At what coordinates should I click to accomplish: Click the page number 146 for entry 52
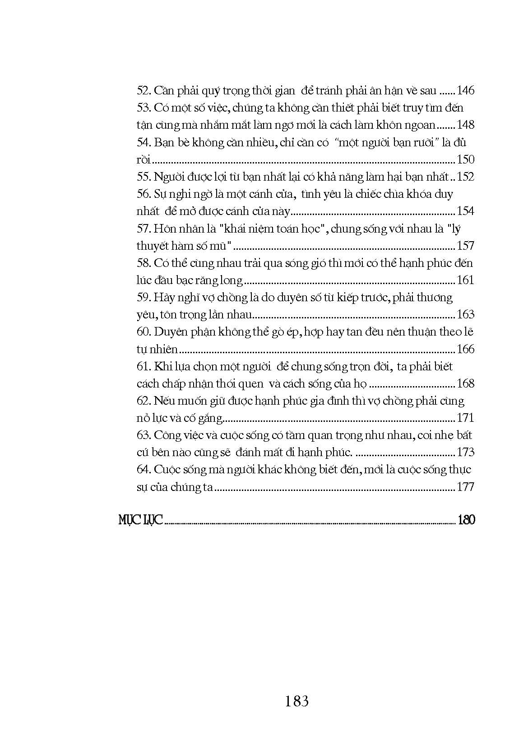[465, 91]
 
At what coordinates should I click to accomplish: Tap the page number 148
[465, 125]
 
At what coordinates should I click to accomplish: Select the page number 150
[465, 159]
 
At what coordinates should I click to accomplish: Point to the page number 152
[465, 177]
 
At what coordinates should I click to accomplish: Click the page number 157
[465, 246]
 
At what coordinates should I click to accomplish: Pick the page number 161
[465, 280]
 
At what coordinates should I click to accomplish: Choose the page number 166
[465, 349]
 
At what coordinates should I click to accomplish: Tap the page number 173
[465, 452]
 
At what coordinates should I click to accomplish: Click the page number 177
[465, 487]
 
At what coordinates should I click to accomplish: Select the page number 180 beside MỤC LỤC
[466, 520]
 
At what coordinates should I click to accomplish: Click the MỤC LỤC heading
[140, 520]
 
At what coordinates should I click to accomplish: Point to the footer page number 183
[297, 701]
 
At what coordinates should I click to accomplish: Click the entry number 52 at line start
[143, 91]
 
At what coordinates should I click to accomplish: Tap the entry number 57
[143, 229]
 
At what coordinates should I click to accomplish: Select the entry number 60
[144, 332]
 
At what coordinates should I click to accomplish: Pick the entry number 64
[143, 470]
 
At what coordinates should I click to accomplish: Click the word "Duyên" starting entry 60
[170, 332]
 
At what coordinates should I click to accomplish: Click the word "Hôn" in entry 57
[164, 229]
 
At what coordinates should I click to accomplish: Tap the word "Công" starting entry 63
[168, 435]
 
